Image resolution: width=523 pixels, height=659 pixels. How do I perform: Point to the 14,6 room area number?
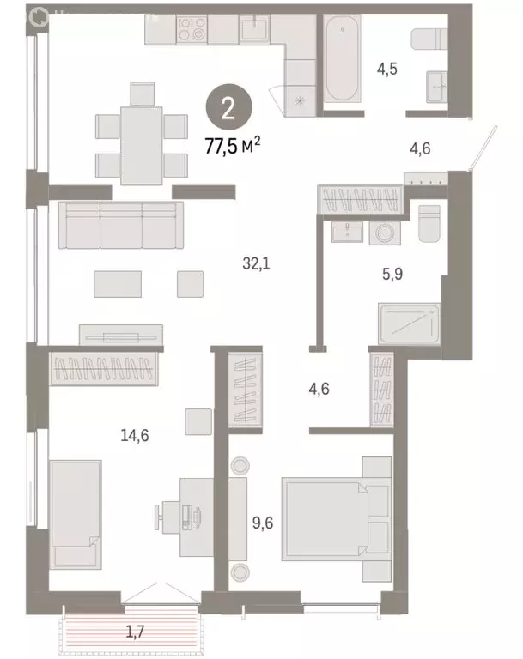[135, 435]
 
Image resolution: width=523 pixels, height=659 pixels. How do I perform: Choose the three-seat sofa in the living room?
[120, 225]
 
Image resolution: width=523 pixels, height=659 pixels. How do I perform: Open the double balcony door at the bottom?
[154, 594]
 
